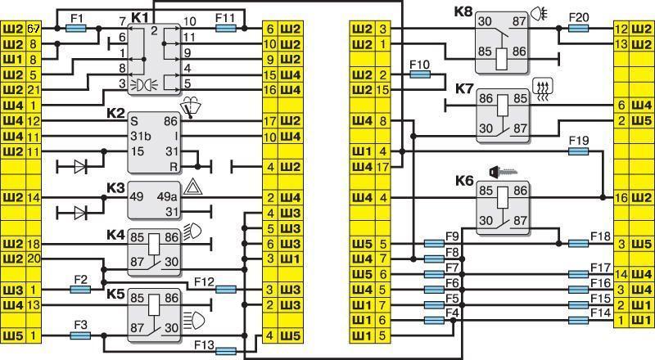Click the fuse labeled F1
pos(76,28)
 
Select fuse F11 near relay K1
pos(227,28)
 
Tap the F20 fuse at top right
pos(577,28)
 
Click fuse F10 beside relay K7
pos(419,74)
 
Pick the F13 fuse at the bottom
pos(227,350)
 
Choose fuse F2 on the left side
pos(80,290)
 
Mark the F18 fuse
pos(577,243)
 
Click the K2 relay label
pos(115,112)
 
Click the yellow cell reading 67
pos(34,28)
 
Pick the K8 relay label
pos(463,13)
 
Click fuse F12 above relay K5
pos(227,289)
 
